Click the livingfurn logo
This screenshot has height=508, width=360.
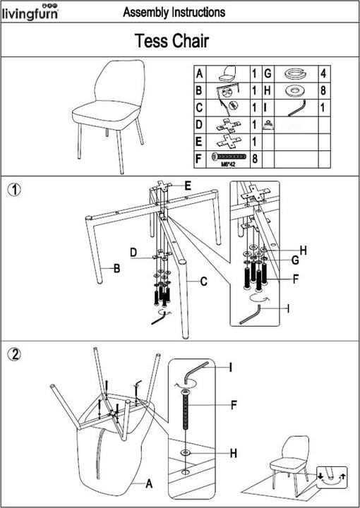point(29,12)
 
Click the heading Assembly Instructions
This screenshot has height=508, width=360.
point(174,13)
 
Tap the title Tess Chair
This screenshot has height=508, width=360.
point(172,42)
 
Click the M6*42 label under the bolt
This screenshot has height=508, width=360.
point(228,166)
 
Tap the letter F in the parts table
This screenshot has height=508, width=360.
point(200,159)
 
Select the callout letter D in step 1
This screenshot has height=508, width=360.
point(133,253)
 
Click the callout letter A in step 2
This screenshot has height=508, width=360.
point(149,484)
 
